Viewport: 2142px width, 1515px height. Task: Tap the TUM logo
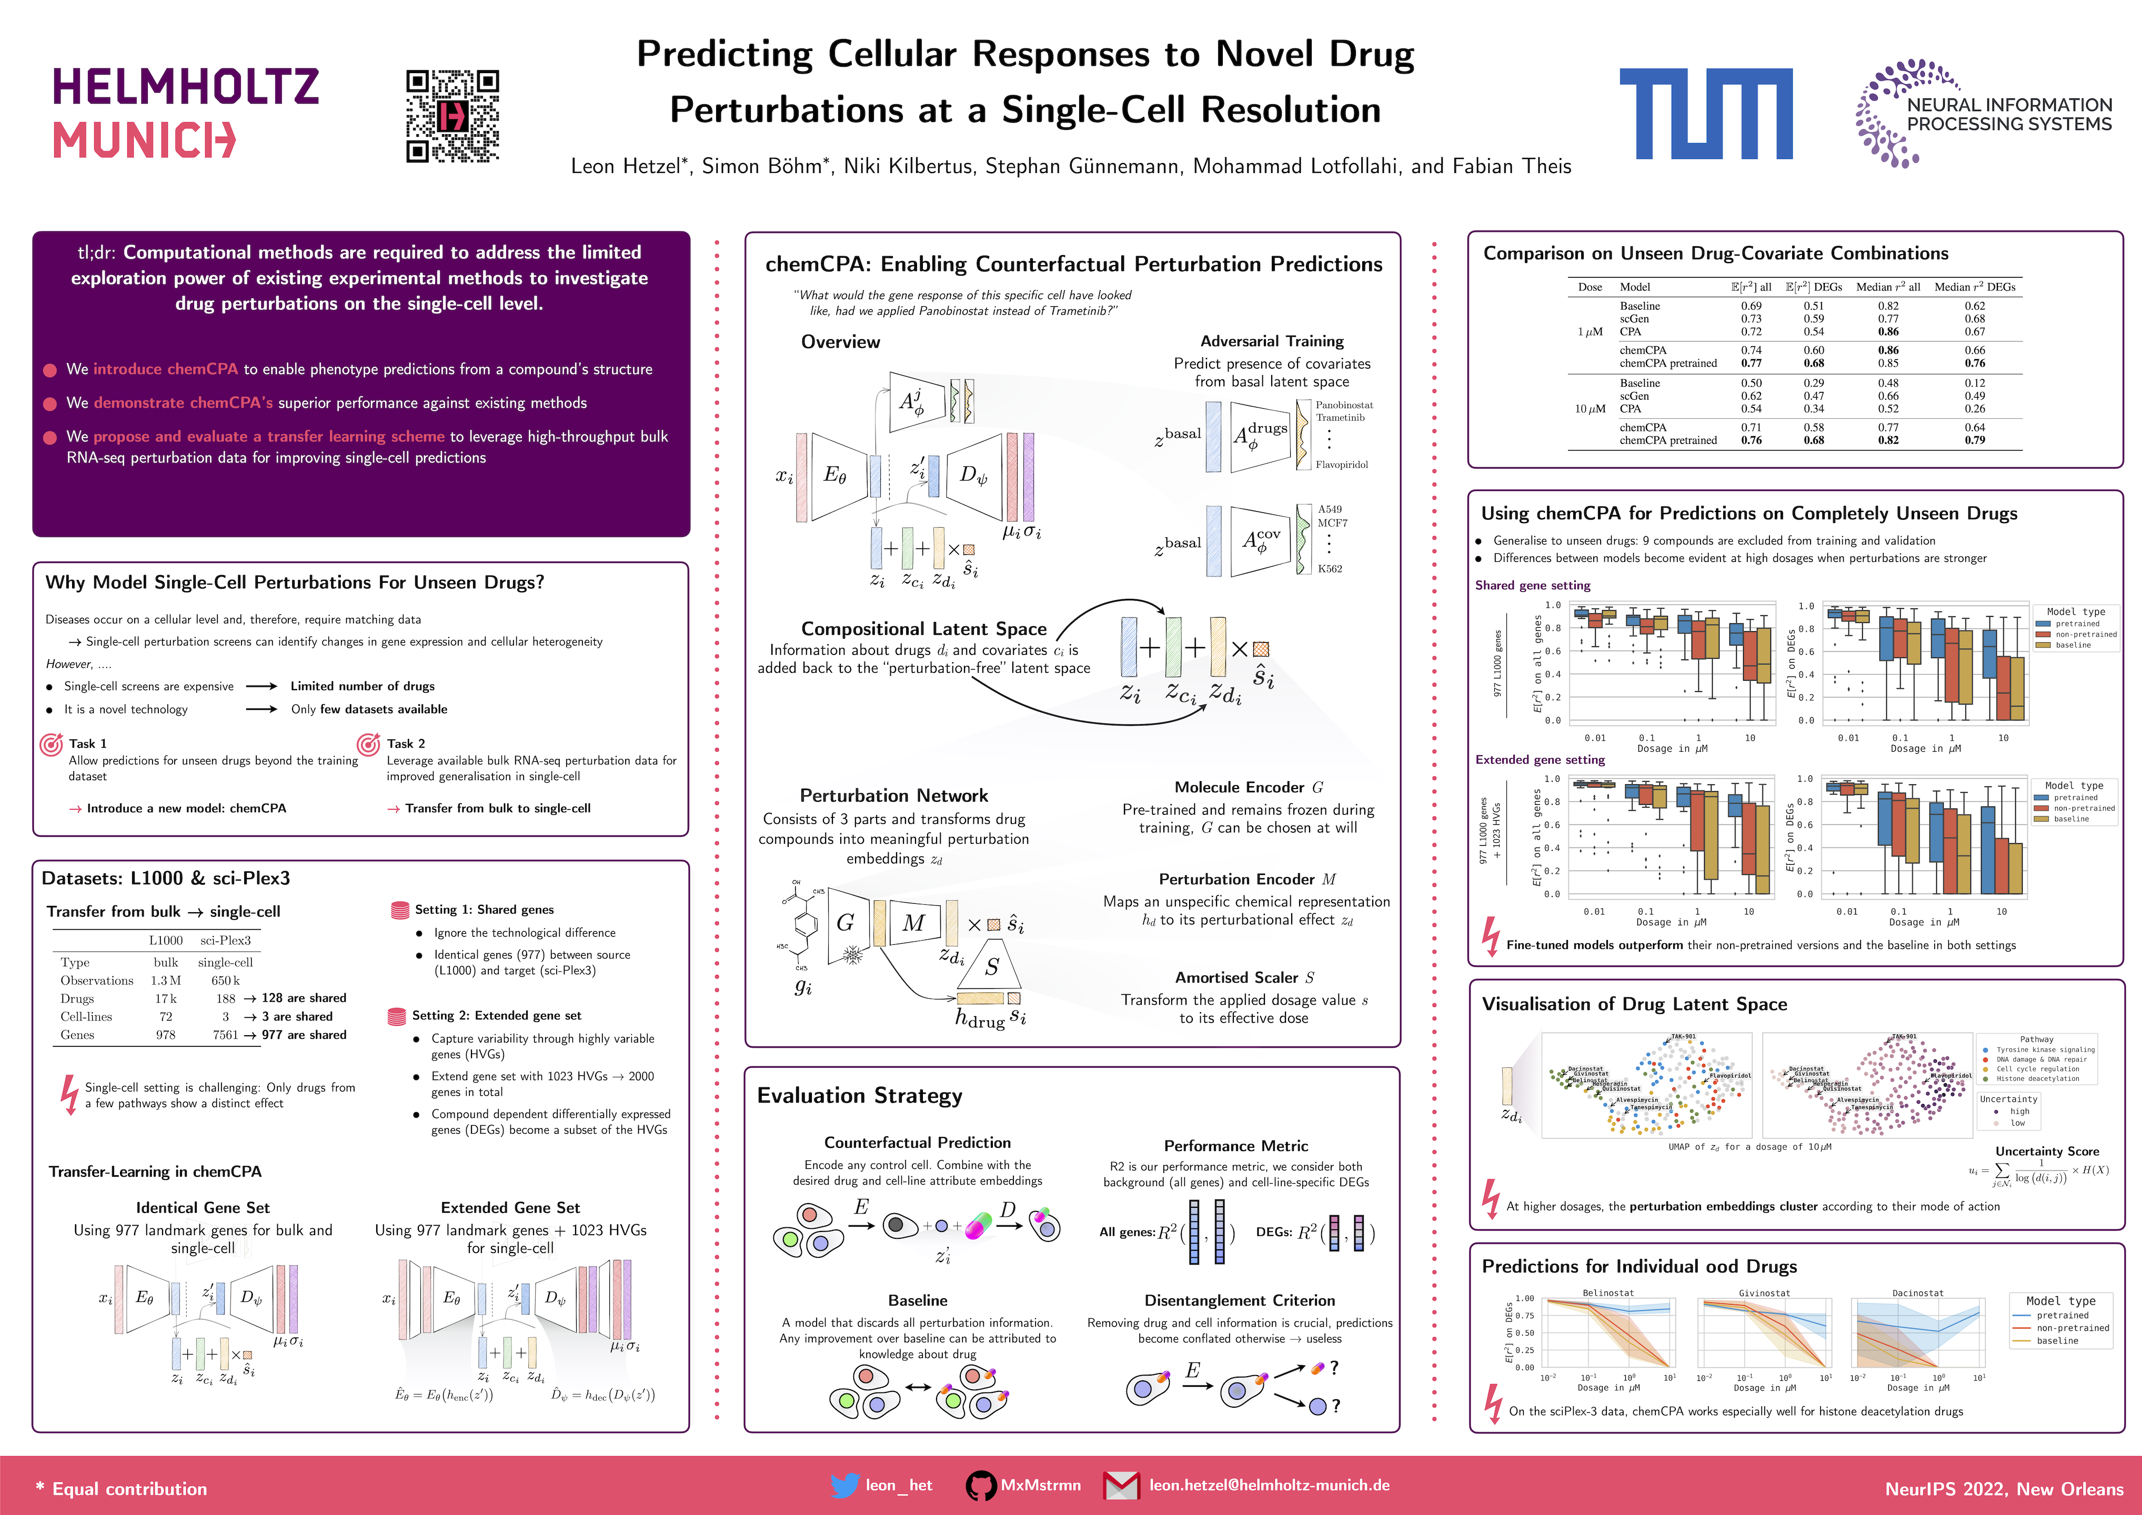coord(1705,113)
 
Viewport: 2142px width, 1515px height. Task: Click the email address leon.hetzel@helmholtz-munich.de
coord(1269,1485)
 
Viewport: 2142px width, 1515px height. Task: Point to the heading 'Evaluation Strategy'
coord(859,1095)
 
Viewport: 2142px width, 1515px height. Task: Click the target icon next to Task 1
coord(52,744)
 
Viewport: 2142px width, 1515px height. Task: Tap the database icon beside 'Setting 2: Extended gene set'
coord(397,1016)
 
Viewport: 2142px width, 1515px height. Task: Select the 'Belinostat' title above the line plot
coord(1608,1293)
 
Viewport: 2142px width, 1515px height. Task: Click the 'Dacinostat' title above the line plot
coord(1917,1293)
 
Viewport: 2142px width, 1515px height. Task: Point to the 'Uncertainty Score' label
coord(2047,1151)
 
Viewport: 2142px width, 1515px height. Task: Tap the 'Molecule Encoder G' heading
coord(1248,787)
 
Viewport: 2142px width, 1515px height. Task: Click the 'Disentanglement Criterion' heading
coord(1239,1300)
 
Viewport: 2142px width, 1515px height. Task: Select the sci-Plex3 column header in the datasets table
coord(225,941)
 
